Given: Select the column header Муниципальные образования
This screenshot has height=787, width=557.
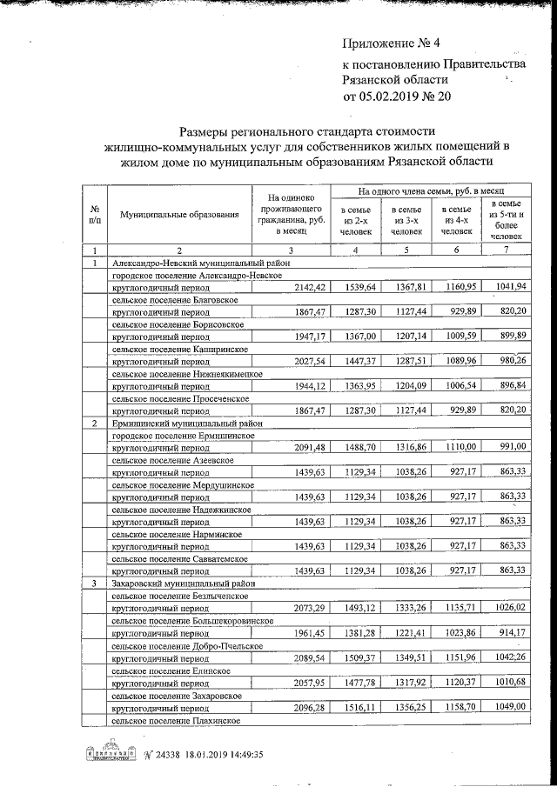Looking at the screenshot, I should pyautogui.click(x=179, y=214).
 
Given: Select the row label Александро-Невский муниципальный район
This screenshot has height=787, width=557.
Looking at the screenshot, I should pyautogui.click(x=199, y=263).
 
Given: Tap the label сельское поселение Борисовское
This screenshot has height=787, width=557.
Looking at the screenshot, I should pyautogui.click(x=178, y=324).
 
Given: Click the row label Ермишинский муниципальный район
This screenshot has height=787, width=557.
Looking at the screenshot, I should pyautogui.click(x=189, y=423).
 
